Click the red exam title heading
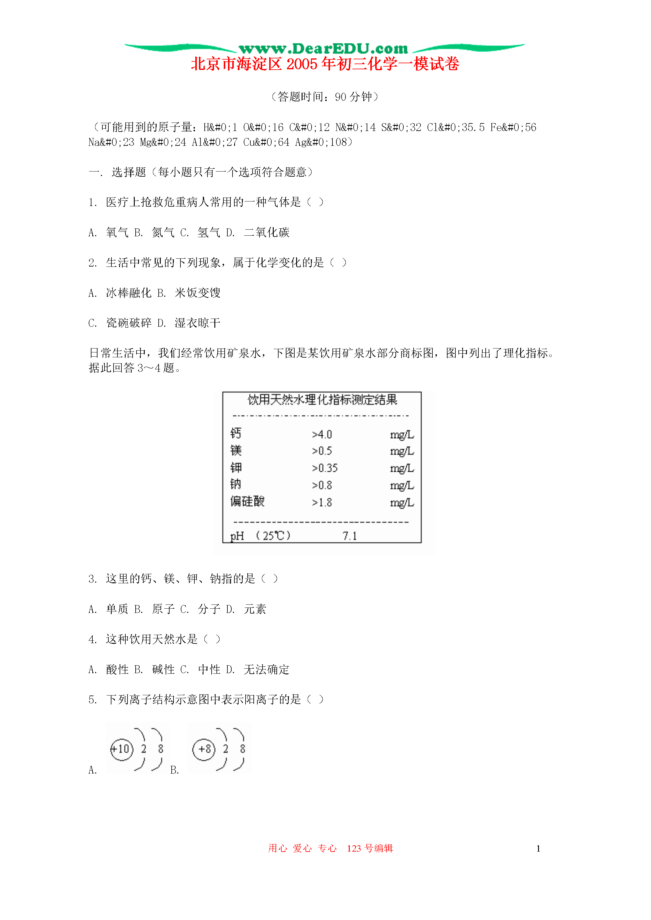(x=325, y=64)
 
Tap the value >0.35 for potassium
(x=325, y=468)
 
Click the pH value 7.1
(x=349, y=536)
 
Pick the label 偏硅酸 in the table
(x=247, y=501)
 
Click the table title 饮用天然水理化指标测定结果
(x=322, y=400)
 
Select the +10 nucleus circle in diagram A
(x=121, y=749)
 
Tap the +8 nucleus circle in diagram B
(x=204, y=749)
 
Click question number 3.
(x=92, y=579)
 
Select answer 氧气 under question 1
(x=117, y=232)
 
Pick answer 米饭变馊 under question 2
(x=197, y=293)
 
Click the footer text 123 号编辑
(x=369, y=848)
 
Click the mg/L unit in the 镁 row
(x=402, y=451)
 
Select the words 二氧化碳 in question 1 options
(x=266, y=232)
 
